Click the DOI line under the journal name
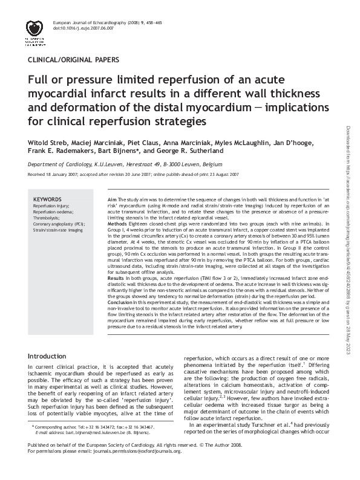[x=83, y=28]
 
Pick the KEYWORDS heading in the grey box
[x=47, y=199]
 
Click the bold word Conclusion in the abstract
[x=122, y=301]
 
